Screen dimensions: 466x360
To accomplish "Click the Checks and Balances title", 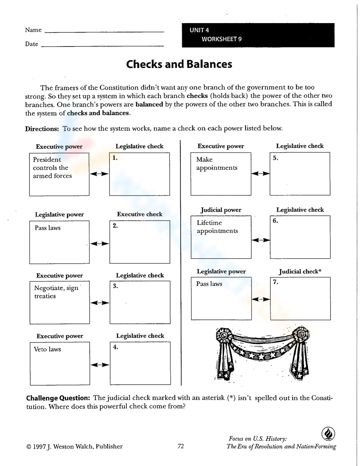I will point(179,64).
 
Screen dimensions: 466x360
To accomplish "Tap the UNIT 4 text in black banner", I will point(199,30).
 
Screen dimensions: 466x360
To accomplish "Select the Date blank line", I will point(103,46).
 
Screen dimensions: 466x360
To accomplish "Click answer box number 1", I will point(139,174).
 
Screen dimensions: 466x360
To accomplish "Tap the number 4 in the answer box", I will point(116,348).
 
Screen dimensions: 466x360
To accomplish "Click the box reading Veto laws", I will point(60,363).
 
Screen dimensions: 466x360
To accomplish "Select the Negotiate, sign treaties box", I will point(59,303).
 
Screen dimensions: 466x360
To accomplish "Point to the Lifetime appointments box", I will point(221,237).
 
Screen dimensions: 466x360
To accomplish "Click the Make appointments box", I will point(221,174).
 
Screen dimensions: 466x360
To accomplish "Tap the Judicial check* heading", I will point(300,272).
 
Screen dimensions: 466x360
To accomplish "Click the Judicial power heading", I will point(221,210).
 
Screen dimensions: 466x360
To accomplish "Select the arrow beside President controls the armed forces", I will point(99,174).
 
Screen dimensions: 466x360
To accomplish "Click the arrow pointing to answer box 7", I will point(261,299).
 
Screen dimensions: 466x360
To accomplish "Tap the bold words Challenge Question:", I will point(58,398).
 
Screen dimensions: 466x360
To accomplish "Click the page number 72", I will point(181,446).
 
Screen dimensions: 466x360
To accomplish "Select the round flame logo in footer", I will point(328,434).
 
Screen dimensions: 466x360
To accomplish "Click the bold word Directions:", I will point(42,129).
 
